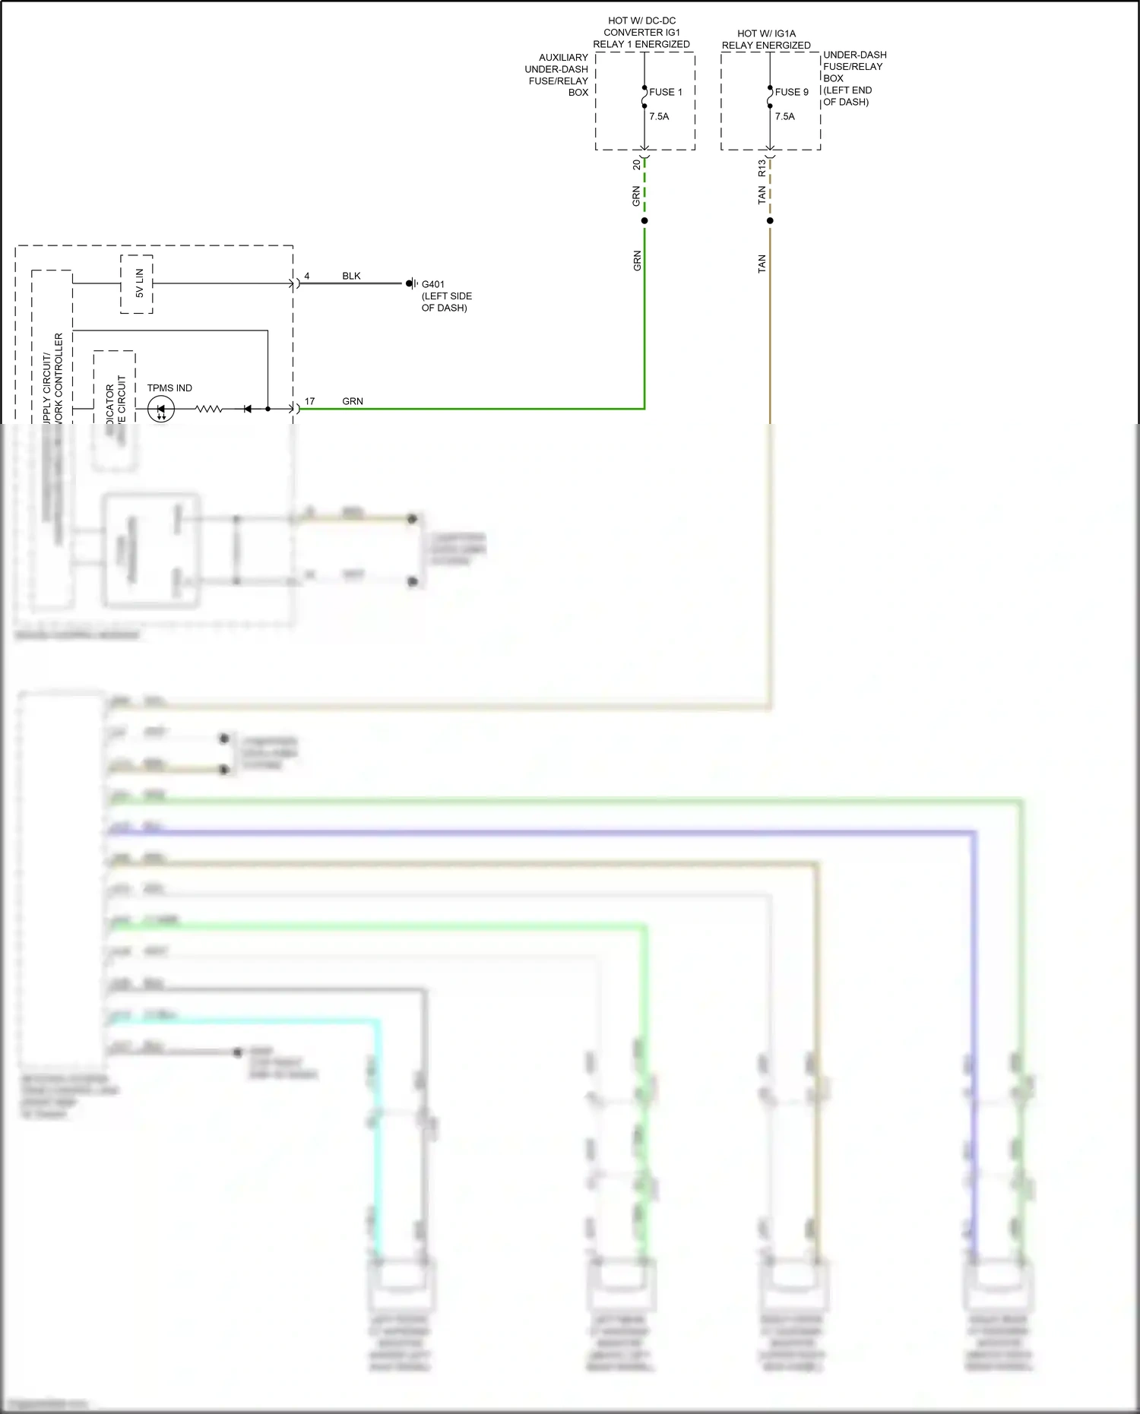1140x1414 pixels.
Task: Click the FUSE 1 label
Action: (x=665, y=92)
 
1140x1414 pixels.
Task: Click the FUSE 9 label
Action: (x=791, y=92)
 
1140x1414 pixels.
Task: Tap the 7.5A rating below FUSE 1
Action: (x=659, y=116)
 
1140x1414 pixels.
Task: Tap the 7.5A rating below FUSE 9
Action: (x=784, y=116)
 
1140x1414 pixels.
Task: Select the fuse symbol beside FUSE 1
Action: (x=644, y=96)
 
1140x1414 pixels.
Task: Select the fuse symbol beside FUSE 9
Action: (x=770, y=96)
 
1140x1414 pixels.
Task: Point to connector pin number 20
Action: (x=637, y=164)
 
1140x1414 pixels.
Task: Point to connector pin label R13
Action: (x=762, y=168)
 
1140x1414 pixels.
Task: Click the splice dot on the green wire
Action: (x=644, y=221)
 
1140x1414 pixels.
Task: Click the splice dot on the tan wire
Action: (x=770, y=221)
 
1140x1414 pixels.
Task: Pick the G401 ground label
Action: (x=433, y=284)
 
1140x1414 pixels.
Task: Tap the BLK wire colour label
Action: (x=351, y=276)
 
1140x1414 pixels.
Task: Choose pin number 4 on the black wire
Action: (x=307, y=276)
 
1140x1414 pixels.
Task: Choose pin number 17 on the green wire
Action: (x=309, y=401)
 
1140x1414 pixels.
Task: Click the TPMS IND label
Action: (x=169, y=388)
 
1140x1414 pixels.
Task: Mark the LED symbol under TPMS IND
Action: (x=160, y=410)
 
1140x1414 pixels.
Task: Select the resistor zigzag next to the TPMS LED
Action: (x=209, y=410)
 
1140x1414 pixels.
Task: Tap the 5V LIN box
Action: (x=137, y=283)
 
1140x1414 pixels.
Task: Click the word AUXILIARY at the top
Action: (x=563, y=57)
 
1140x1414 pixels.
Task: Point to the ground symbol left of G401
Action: (x=411, y=283)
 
